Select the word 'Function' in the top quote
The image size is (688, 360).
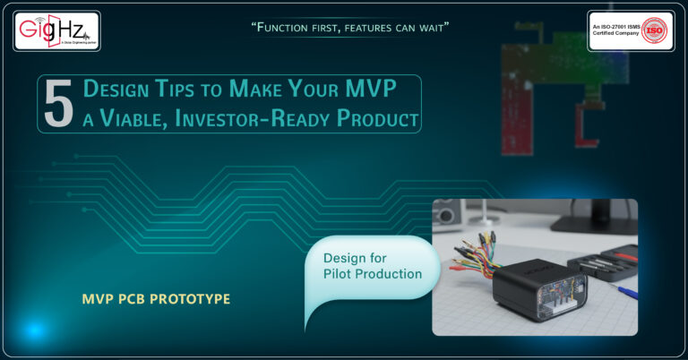pyautogui.click(x=289, y=27)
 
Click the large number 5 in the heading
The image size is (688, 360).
pyautogui.click(x=58, y=104)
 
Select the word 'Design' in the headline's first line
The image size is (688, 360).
pyautogui.click(x=116, y=89)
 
